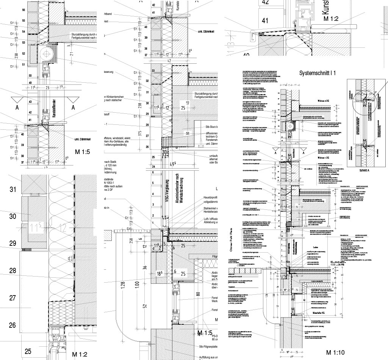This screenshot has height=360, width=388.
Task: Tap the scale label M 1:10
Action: pyautogui.click(x=334, y=353)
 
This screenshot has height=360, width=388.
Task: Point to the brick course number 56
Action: pyautogui.click(x=23, y=9)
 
